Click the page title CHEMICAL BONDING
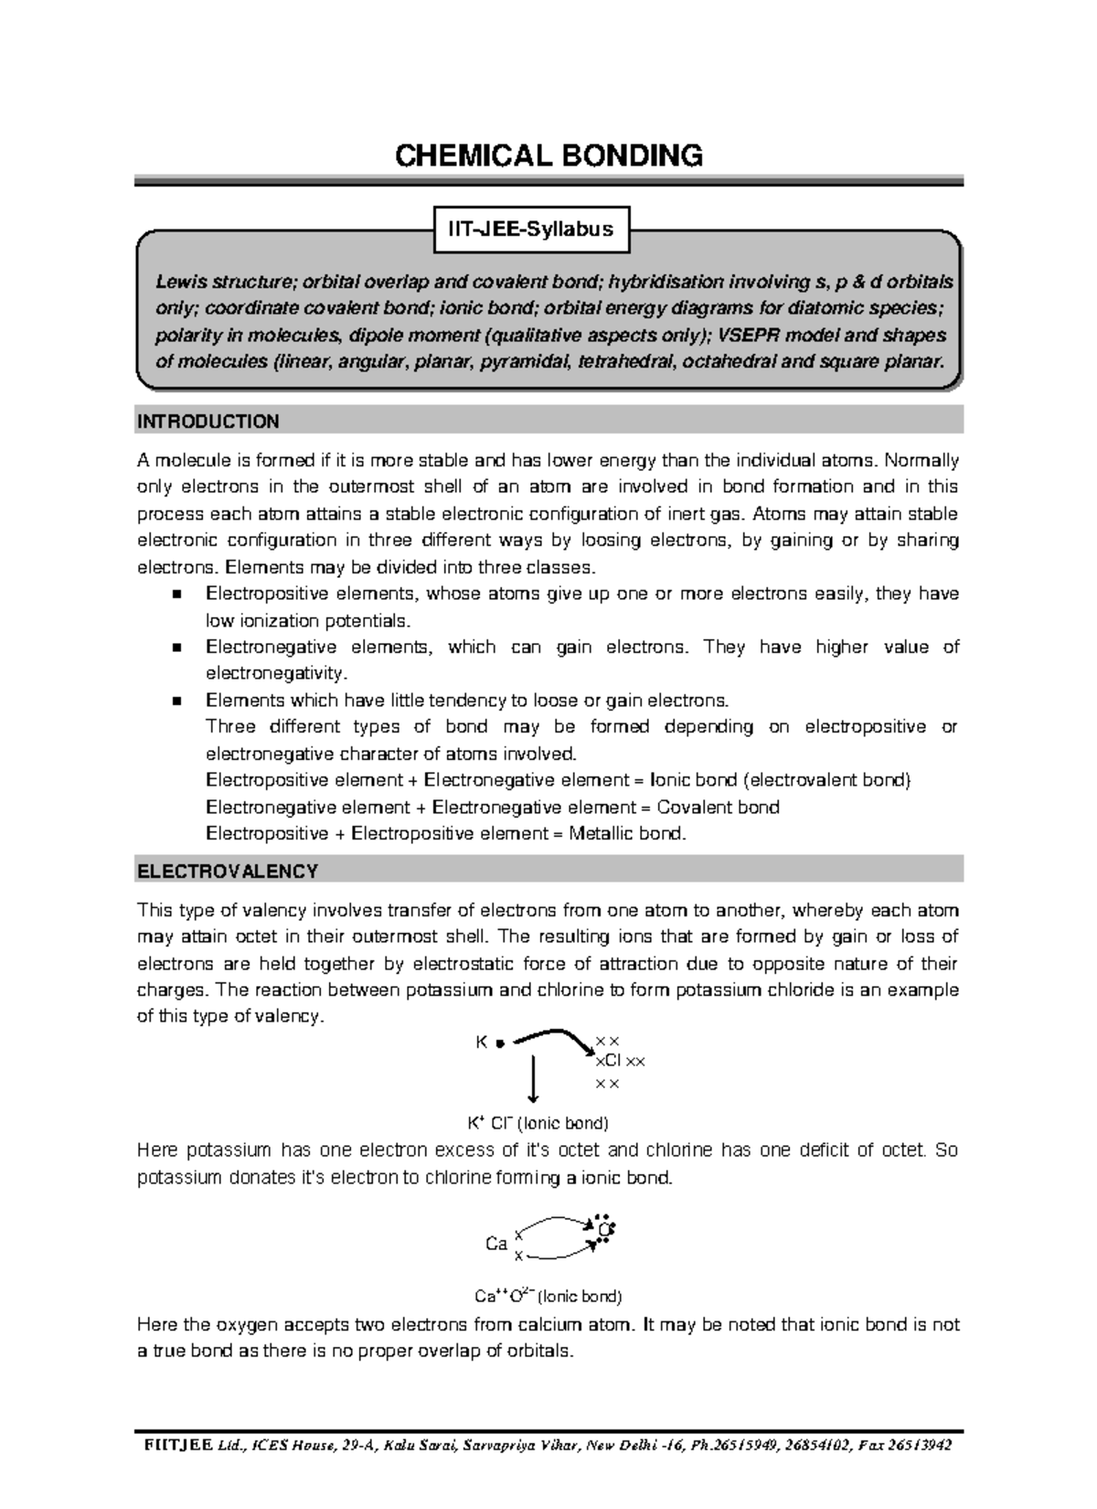[x=548, y=156]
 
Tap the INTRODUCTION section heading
[x=208, y=422]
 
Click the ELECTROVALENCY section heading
[x=228, y=871]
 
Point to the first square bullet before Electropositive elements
[x=177, y=594]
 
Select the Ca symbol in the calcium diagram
[x=495, y=1244]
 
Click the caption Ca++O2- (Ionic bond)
[x=548, y=1296]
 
